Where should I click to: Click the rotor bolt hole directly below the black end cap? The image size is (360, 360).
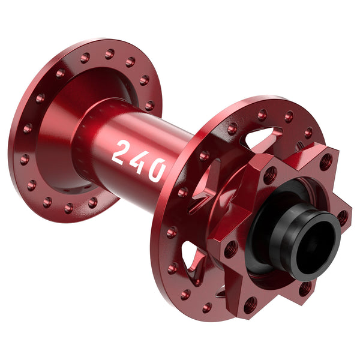pos(306,289)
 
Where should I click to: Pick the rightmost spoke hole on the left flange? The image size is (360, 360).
pos(149,106)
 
